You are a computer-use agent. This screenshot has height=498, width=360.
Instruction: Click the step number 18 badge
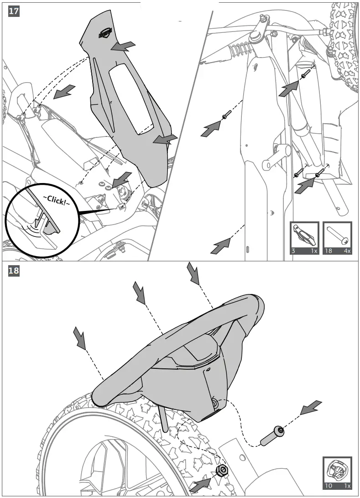pyautogui.click(x=14, y=271)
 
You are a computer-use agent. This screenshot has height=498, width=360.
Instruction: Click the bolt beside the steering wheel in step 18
pyautogui.click(x=272, y=435)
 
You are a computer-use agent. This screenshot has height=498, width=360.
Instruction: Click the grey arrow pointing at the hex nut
pyautogui.click(x=201, y=484)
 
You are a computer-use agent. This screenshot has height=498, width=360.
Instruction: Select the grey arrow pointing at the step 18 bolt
pyautogui.click(x=310, y=408)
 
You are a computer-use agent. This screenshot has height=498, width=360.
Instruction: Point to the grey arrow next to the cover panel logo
pyautogui.click(x=124, y=46)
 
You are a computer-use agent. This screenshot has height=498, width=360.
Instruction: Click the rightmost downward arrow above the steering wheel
pyautogui.click(x=193, y=273)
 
